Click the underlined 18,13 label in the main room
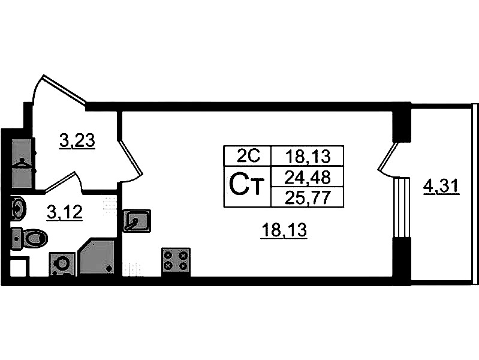point(284,229)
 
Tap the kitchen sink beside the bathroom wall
point(137,221)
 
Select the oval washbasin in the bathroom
point(19,210)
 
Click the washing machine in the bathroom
point(62,263)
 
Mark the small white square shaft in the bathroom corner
point(18,267)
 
